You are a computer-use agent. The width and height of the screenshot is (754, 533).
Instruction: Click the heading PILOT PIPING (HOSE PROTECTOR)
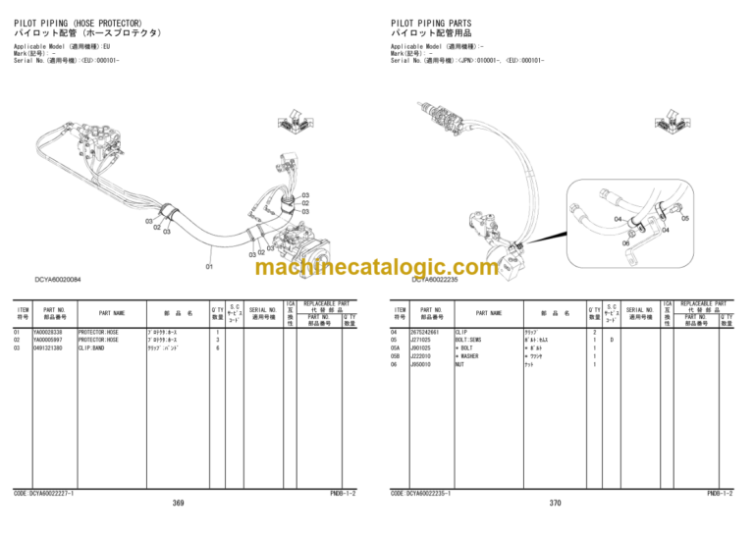click(x=78, y=23)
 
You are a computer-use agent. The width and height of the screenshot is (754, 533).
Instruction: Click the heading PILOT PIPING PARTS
click(x=431, y=23)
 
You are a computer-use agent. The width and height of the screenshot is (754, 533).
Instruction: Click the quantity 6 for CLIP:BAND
click(x=217, y=348)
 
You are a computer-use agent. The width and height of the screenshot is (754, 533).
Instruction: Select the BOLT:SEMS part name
click(x=470, y=341)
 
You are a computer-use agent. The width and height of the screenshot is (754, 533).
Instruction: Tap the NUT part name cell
click(x=459, y=364)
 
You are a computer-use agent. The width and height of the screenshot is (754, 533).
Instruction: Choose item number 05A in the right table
click(x=396, y=348)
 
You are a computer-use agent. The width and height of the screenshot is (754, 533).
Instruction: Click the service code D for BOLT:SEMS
click(x=612, y=341)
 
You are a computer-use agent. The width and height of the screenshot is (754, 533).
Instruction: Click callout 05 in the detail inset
click(x=685, y=219)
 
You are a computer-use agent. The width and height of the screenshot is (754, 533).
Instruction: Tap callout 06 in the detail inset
click(x=626, y=242)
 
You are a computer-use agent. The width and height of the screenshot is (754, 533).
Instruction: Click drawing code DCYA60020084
click(x=58, y=280)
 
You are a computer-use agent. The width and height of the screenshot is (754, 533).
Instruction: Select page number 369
click(x=178, y=504)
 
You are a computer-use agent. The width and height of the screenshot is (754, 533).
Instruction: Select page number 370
click(x=555, y=504)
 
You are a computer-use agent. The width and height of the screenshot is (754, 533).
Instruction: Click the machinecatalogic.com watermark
click(x=376, y=267)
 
